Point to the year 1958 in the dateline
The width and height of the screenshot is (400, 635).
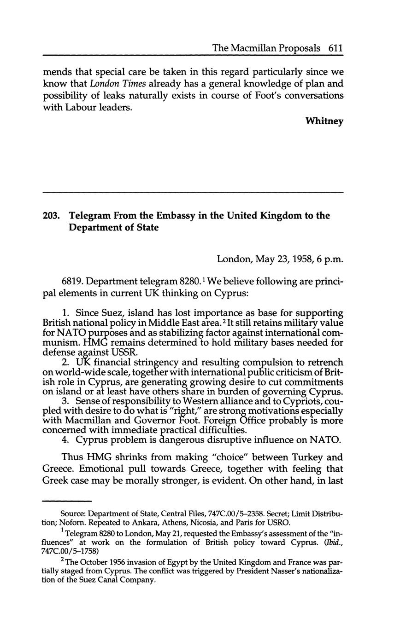300,259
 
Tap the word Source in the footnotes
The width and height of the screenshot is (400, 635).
72,513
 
